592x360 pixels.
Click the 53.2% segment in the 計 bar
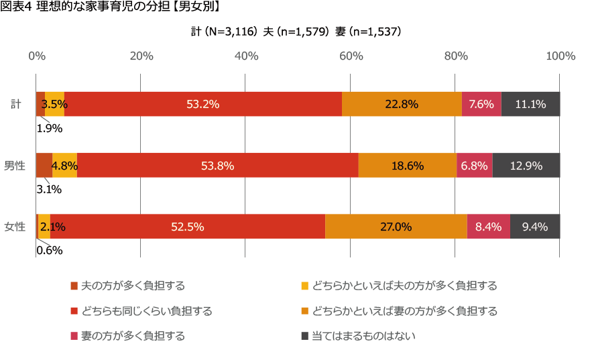coord(203,104)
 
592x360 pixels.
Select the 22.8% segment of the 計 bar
coord(402,104)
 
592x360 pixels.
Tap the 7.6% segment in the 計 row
coord(481,104)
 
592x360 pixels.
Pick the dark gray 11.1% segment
coord(530,104)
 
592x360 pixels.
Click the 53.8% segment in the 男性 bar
coord(218,166)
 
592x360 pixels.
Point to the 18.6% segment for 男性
coord(407,166)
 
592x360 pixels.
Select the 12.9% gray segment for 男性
coord(526,166)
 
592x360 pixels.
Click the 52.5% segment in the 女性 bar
coord(188,227)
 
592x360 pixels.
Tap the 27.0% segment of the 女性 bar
coord(396,227)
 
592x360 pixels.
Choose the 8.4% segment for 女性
coord(489,227)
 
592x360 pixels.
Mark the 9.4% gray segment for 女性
coord(535,227)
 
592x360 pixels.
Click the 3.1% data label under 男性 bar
coord(49,190)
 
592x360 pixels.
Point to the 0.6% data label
coord(49,251)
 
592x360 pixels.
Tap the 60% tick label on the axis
coord(351,56)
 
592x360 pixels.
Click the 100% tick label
coord(560,56)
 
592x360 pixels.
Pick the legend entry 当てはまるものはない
coord(363,335)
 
